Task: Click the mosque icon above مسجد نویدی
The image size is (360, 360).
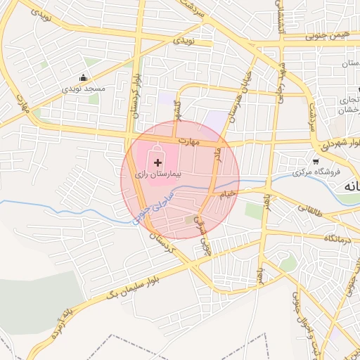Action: coord(83,78)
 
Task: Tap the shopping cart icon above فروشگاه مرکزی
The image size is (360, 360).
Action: coord(316,162)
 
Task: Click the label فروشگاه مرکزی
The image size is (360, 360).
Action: coord(316,172)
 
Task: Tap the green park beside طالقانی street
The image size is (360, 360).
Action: coord(254,210)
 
